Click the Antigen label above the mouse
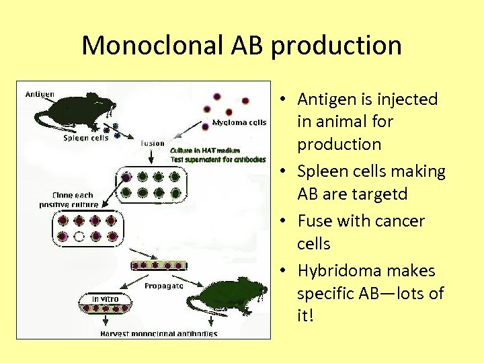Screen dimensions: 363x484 coord(40,93)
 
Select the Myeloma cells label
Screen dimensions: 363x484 coord(239,122)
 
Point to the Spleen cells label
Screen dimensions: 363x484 coord(86,138)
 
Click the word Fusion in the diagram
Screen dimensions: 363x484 coord(153,143)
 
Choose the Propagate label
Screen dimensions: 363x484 coord(164,285)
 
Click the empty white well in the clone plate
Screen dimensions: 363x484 coord(79,236)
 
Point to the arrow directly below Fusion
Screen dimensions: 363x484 coord(153,157)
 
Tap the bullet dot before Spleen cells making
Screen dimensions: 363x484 coord(285,173)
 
